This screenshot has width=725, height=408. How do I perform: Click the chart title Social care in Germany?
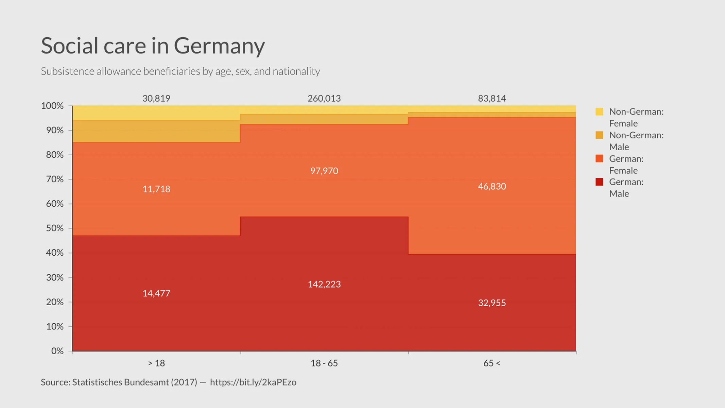(153, 46)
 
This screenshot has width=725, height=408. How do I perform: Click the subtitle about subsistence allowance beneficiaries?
(180, 71)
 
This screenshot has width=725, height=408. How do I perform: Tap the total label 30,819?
(156, 98)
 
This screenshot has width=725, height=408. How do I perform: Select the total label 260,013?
(324, 98)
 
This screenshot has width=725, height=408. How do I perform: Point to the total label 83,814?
(492, 98)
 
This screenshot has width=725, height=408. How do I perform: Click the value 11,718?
(156, 189)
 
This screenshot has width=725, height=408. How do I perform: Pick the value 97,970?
(324, 171)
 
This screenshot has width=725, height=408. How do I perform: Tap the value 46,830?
(492, 186)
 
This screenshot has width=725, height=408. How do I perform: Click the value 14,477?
(156, 293)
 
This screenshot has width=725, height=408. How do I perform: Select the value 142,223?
(324, 284)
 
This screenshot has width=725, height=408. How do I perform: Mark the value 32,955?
(492, 303)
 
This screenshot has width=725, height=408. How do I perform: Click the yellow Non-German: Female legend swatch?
(599, 112)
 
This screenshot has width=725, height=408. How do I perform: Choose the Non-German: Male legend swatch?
(599, 135)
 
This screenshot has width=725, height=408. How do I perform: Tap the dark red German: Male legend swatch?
(599, 182)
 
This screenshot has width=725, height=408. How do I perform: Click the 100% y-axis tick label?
(52, 106)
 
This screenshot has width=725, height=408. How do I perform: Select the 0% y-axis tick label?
(57, 351)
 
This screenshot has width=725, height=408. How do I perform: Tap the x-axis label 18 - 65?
(324, 363)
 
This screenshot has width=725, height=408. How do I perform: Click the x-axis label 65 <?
(491, 363)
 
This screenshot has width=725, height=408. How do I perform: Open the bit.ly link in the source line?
(253, 382)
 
